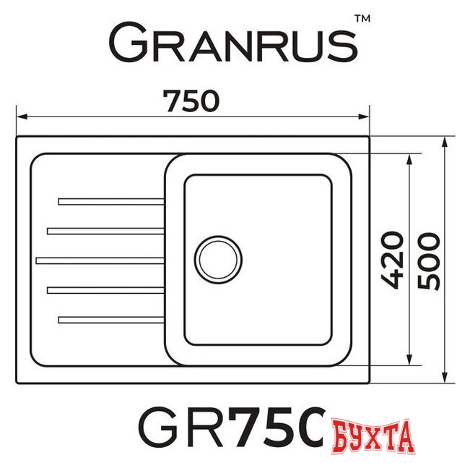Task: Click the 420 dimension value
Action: point(391,260)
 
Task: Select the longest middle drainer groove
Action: point(100,259)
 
